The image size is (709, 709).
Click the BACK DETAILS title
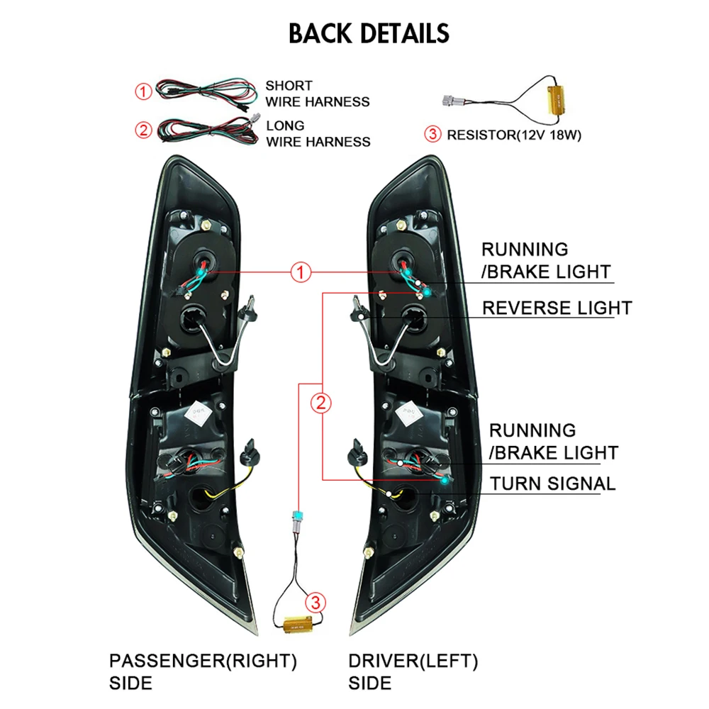coord(369,33)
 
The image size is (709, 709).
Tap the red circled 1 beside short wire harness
coord(144,91)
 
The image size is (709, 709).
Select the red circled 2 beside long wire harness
coord(144,130)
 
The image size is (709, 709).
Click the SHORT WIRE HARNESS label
coord(317,94)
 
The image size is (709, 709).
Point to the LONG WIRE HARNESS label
coord(318,133)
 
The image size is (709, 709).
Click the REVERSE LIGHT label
coord(557,308)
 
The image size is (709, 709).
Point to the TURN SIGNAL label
coord(553,484)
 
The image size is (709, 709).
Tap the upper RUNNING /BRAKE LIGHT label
coord(545,260)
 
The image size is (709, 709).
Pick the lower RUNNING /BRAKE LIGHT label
coord(553,441)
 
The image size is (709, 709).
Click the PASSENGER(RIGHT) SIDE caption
coord(202,671)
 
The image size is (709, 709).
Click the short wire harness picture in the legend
coord(206,92)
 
